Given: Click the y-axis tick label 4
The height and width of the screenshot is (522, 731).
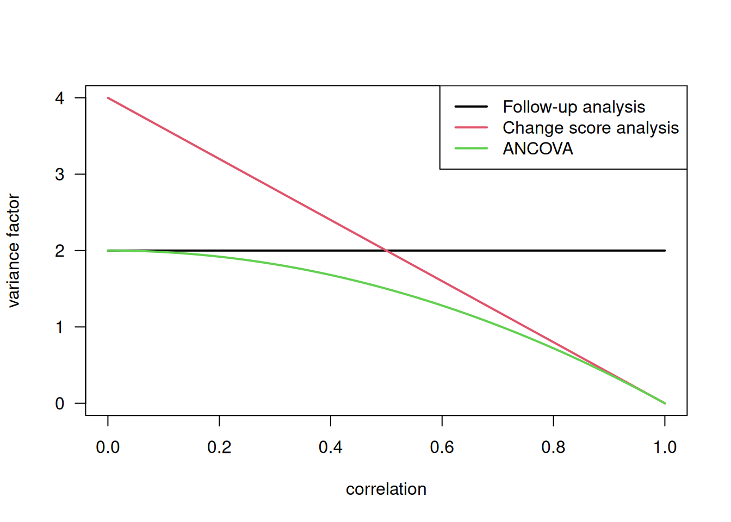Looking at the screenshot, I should pos(59,98).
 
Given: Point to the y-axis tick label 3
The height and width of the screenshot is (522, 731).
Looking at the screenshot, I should pos(59,175).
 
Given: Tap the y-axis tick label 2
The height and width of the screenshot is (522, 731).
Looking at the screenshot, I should pos(59,251).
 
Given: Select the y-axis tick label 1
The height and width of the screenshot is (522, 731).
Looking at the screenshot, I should pos(59,327).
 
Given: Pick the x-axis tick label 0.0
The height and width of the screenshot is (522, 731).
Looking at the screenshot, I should pos(108,448).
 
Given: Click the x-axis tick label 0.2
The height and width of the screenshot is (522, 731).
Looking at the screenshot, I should pos(219,448).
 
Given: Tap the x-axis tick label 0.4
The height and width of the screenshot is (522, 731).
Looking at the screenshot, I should pos(331,448).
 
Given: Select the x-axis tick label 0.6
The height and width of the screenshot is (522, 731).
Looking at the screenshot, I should pos(442,448).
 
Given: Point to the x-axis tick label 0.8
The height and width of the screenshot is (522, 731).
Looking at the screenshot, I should pos(553,448).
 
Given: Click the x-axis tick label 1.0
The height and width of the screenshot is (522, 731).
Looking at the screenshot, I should pos(665,448).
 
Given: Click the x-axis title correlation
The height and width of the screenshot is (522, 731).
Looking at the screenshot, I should pos(386,489).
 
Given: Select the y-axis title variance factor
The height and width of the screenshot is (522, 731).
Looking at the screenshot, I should pos(14,251).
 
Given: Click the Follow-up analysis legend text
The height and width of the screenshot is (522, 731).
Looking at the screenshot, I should pos(574,107).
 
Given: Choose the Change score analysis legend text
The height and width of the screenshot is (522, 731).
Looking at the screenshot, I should pos(591,128).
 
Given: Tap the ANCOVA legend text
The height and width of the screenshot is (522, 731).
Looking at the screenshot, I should pos(538,149).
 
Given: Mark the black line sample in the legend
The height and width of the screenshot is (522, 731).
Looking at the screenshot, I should pos(471,107).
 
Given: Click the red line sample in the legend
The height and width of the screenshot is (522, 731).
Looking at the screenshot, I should pos(471,127).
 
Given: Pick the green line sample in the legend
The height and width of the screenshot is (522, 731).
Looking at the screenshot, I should pos(471,148).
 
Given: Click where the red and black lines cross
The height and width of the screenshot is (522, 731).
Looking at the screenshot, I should pos(386,251).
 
